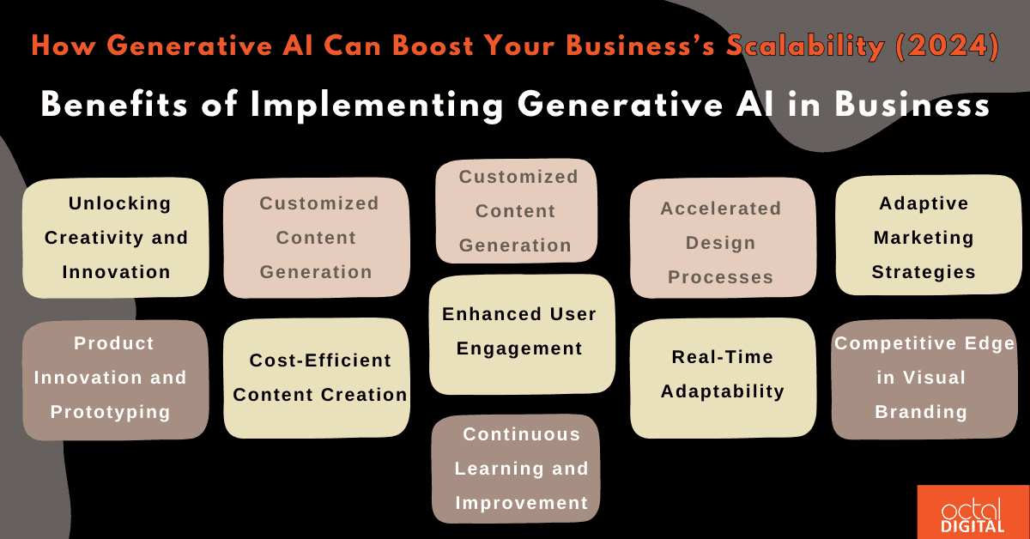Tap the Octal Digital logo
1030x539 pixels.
pos(973,512)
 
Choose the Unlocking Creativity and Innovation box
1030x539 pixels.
pos(116,238)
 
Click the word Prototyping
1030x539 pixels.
pos(110,412)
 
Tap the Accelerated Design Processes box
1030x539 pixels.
pos(721,243)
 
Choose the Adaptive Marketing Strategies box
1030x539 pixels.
pos(924,238)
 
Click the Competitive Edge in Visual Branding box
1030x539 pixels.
pos(924,378)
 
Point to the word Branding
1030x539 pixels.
pos(921,412)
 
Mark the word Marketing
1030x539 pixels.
pos(924,238)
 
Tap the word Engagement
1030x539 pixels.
pos(519,348)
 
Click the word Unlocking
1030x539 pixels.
pos(120,203)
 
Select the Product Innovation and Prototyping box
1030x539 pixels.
pos(114,378)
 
